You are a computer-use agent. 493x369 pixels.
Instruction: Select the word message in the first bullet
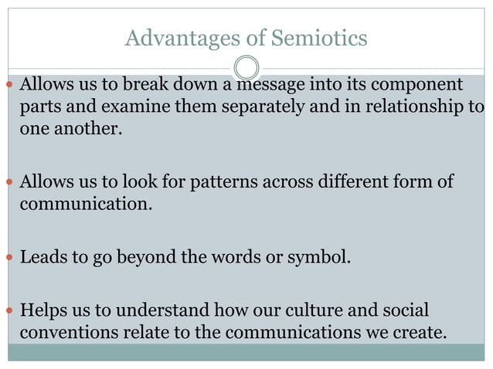275,83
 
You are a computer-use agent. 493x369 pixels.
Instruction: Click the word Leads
43,256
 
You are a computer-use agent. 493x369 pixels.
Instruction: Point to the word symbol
318,256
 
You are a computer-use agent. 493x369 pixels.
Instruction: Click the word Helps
43,311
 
